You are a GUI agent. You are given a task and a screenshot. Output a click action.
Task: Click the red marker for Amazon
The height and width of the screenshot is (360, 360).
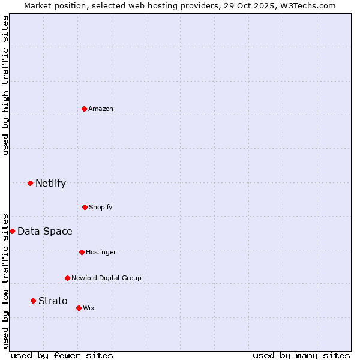click(x=84, y=109)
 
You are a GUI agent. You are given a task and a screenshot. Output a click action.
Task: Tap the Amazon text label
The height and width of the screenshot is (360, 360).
click(x=101, y=109)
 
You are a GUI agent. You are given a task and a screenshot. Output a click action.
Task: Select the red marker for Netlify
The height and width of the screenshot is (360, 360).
click(x=30, y=183)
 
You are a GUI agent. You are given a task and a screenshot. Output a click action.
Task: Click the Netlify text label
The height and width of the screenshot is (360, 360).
click(x=50, y=184)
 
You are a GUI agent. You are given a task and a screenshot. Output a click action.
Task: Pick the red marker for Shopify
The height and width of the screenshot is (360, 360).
click(x=85, y=207)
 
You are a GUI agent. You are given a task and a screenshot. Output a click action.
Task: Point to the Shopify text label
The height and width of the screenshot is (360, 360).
click(x=101, y=208)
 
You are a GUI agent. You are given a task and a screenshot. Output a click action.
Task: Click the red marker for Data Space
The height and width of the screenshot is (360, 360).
click(x=12, y=231)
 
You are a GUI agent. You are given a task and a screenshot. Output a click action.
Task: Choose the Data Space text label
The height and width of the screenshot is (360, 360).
click(x=45, y=232)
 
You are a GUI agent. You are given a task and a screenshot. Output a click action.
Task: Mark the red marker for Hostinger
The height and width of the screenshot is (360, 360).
click(x=82, y=252)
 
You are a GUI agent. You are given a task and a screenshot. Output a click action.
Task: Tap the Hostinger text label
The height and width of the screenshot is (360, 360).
click(x=101, y=253)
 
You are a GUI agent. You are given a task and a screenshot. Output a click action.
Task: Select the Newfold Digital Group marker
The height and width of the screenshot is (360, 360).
click(x=67, y=278)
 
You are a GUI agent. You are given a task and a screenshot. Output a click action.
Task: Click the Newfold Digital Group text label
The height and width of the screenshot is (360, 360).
click(x=106, y=278)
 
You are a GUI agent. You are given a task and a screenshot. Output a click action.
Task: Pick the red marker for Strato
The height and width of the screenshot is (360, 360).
click(x=33, y=301)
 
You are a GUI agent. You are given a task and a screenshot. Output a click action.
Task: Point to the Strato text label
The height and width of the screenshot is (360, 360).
click(x=53, y=301)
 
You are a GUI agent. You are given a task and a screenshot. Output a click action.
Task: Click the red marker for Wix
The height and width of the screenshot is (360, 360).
click(x=79, y=308)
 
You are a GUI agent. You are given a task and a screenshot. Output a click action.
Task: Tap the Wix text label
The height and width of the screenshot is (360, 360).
click(x=89, y=308)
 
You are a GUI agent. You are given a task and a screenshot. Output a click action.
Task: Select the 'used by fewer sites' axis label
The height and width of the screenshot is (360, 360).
click(x=62, y=355)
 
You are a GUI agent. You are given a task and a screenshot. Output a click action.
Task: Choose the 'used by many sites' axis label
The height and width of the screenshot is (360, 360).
click(x=301, y=355)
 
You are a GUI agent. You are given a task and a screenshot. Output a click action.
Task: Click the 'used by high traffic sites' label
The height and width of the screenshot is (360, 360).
click(x=5, y=85)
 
